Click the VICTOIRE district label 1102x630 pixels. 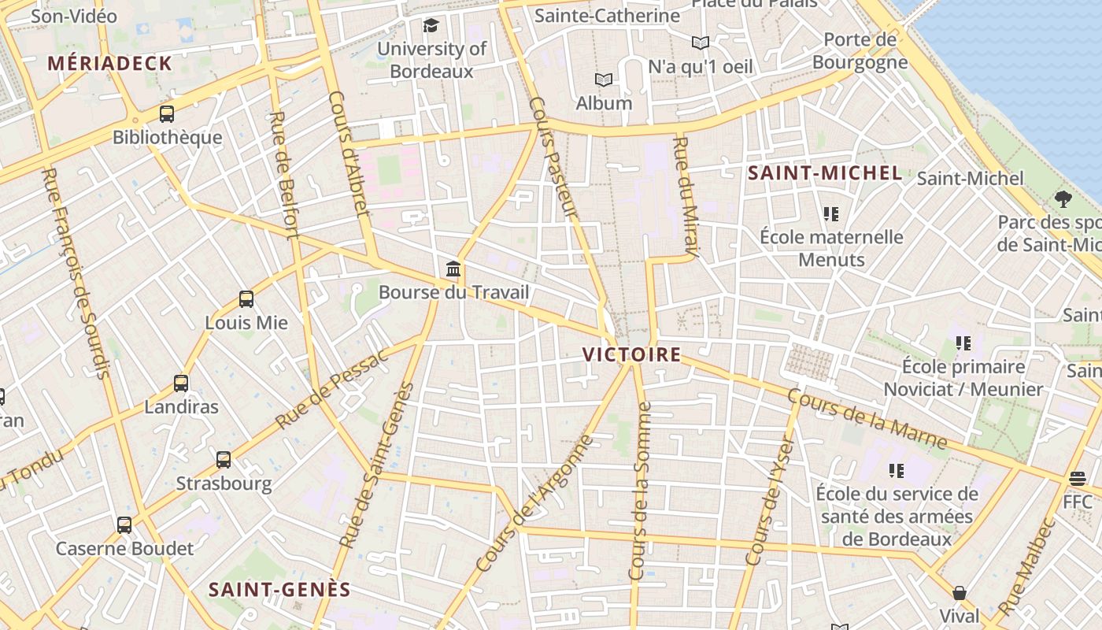(632, 354)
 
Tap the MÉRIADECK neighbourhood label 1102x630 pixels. (109, 64)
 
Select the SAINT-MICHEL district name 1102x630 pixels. (824, 173)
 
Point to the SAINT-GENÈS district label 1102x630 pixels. (279, 589)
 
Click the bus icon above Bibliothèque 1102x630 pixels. (167, 113)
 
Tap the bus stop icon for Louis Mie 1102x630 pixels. (246, 299)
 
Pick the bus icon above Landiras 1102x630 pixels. (181, 384)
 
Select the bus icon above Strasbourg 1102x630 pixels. (224, 460)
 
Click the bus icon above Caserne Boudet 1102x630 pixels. (124, 524)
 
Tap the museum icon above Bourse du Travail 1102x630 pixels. (453, 269)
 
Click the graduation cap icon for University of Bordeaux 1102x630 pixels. (431, 25)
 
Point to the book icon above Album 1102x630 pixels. (604, 80)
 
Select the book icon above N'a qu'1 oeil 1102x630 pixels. (700, 43)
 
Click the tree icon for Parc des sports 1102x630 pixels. (1063, 198)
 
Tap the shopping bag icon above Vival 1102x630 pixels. (960, 592)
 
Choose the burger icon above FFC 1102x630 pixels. (1078, 478)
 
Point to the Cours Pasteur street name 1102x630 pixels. (555, 157)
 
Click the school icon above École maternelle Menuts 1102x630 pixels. (831, 213)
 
